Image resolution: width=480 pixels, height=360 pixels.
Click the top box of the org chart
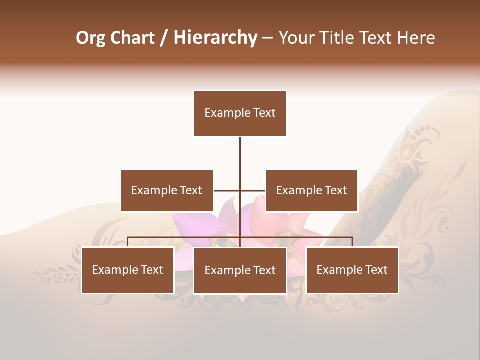tap(240, 113)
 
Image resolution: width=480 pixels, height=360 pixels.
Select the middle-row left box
tap(167, 191)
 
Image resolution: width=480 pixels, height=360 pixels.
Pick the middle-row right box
tap(311, 191)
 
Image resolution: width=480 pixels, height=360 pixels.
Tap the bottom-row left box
tap(127, 270)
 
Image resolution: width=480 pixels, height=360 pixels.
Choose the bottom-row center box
tap(240, 271)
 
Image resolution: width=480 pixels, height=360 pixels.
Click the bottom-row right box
tap(352, 270)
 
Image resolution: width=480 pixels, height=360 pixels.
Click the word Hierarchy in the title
tap(215, 38)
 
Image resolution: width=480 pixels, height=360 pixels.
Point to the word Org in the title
tap(91, 38)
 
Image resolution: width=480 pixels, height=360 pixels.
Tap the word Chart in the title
tap(132, 38)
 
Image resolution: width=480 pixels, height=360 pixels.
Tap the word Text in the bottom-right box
tap(376, 270)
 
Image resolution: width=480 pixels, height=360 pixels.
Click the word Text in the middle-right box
tap(335, 191)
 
